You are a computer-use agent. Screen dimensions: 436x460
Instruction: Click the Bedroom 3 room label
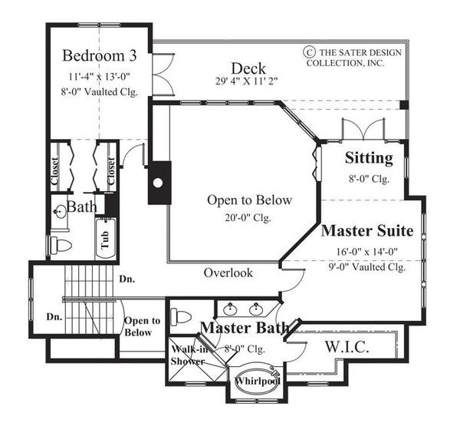(x=100, y=56)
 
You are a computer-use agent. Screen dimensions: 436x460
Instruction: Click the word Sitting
(x=369, y=160)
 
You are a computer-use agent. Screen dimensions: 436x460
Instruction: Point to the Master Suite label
(x=367, y=230)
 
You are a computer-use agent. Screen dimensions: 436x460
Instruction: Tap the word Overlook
(x=228, y=272)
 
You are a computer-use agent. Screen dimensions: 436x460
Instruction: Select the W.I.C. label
(x=348, y=347)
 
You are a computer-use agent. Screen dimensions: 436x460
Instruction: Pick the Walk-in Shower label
(x=187, y=355)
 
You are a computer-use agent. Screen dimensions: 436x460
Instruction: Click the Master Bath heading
(x=245, y=328)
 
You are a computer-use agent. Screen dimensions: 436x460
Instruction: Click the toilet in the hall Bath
(x=61, y=246)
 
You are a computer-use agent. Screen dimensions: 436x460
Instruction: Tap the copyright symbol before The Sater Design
(x=309, y=52)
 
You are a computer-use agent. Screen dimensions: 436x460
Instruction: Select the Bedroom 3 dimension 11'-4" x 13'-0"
(x=100, y=75)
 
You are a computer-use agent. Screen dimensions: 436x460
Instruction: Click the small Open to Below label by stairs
(x=142, y=326)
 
